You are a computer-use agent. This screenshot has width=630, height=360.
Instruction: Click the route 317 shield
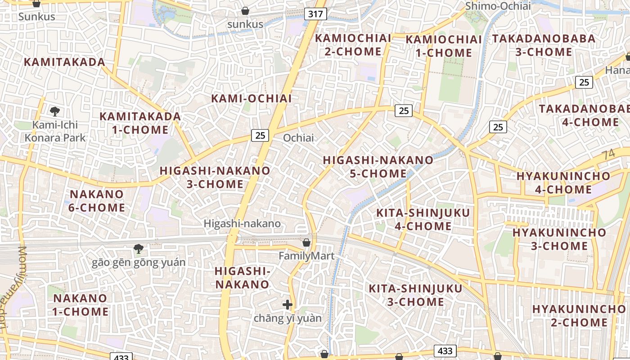coord(315,14)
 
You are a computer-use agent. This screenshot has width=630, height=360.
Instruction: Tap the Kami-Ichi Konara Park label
coord(55,131)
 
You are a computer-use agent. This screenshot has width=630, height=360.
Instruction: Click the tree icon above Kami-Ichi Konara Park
coord(55,111)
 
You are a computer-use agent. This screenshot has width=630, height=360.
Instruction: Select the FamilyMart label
coord(306,256)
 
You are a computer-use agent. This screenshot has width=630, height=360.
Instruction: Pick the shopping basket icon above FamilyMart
coord(306,243)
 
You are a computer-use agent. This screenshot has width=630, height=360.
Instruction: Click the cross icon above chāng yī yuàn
coord(288,305)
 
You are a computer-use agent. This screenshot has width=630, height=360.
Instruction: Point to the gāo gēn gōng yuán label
coord(139,262)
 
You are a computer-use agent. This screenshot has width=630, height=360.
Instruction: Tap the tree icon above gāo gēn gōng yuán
coord(139,248)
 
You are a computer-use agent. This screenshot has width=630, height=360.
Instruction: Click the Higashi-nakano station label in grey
coord(242,223)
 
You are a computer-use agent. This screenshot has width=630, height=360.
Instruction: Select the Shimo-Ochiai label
coord(498,6)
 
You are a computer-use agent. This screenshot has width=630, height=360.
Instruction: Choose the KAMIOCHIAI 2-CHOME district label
coord(353,45)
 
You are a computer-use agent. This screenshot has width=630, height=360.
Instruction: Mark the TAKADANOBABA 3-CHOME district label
coord(544,45)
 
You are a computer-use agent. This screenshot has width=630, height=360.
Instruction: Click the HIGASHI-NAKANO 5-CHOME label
coord(378,166)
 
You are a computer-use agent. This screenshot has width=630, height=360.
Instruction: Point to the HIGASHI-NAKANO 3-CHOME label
coord(215,177)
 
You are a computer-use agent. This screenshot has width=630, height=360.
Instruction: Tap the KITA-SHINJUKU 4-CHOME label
coord(423,219)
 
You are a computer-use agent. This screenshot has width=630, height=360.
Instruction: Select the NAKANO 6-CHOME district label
coord(97,201)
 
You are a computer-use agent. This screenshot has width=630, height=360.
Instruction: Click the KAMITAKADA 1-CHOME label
coord(140,123)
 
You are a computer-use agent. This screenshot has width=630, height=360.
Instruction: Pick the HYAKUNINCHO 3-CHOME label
coord(559,239)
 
